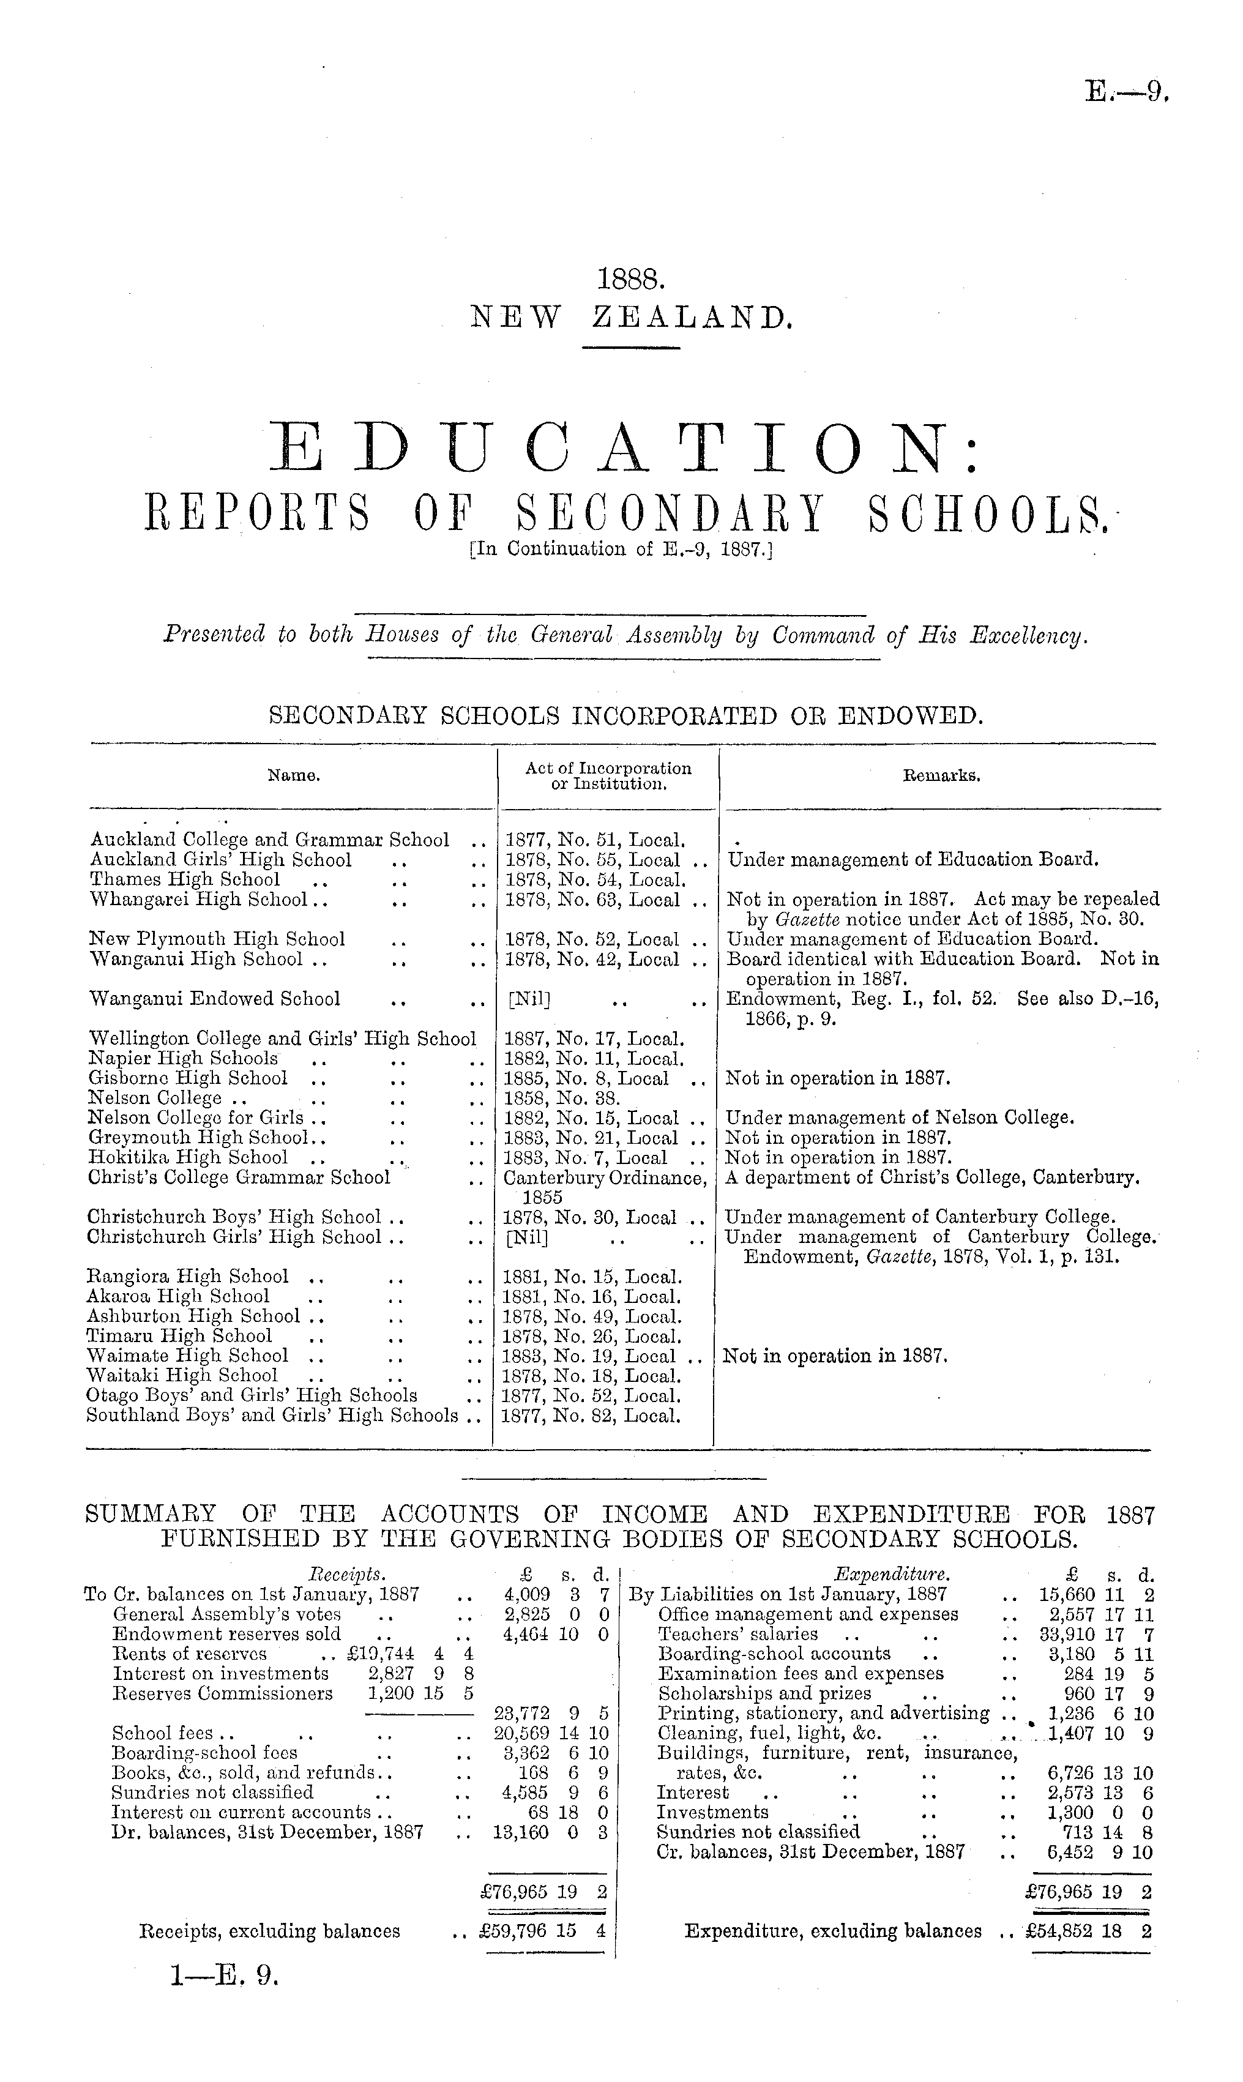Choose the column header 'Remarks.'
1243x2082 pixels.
941,775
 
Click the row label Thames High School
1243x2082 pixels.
184,879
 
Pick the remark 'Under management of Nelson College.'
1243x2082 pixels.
900,1118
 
